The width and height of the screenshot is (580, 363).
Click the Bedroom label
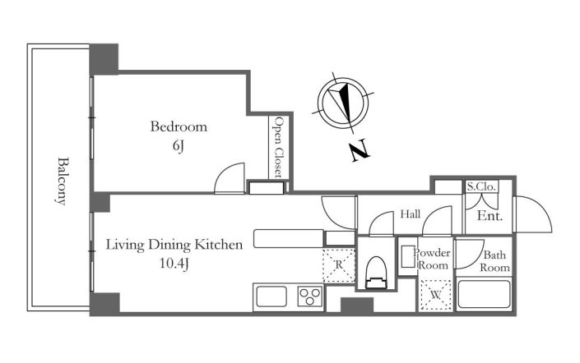[x=179, y=126]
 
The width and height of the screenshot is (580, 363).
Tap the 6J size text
[x=179, y=147]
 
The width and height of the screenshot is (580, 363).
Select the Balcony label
[x=63, y=181]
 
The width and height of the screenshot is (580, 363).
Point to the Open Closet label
[x=279, y=147]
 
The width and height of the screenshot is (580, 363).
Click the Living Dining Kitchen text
[x=174, y=245]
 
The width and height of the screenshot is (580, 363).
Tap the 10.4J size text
[x=174, y=264]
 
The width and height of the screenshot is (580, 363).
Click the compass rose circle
[x=343, y=101]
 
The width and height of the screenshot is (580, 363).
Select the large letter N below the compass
[x=360, y=150]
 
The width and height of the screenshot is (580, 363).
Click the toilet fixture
[x=376, y=273]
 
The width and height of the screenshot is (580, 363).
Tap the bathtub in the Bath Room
[x=484, y=294]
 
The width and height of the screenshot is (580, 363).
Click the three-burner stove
[x=309, y=296]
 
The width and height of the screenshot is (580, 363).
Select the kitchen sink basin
[x=271, y=296]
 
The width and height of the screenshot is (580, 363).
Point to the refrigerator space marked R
[x=339, y=265]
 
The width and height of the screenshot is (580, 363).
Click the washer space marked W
[x=436, y=295]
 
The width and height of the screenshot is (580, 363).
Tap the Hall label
[x=411, y=214]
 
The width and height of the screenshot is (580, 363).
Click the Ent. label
[x=490, y=216]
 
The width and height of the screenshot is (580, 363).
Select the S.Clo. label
[x=481, y=186]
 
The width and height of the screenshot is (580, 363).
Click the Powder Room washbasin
[x=408, y=256]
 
